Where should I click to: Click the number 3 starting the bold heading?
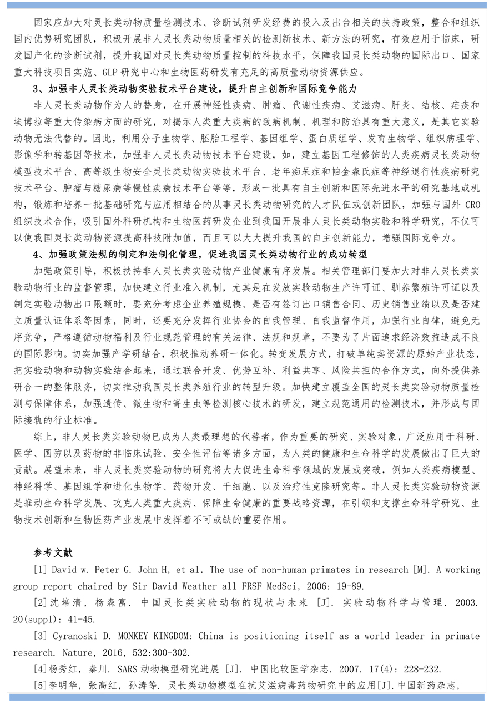coord(35,89)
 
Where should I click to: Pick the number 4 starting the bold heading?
coord(35,255)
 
